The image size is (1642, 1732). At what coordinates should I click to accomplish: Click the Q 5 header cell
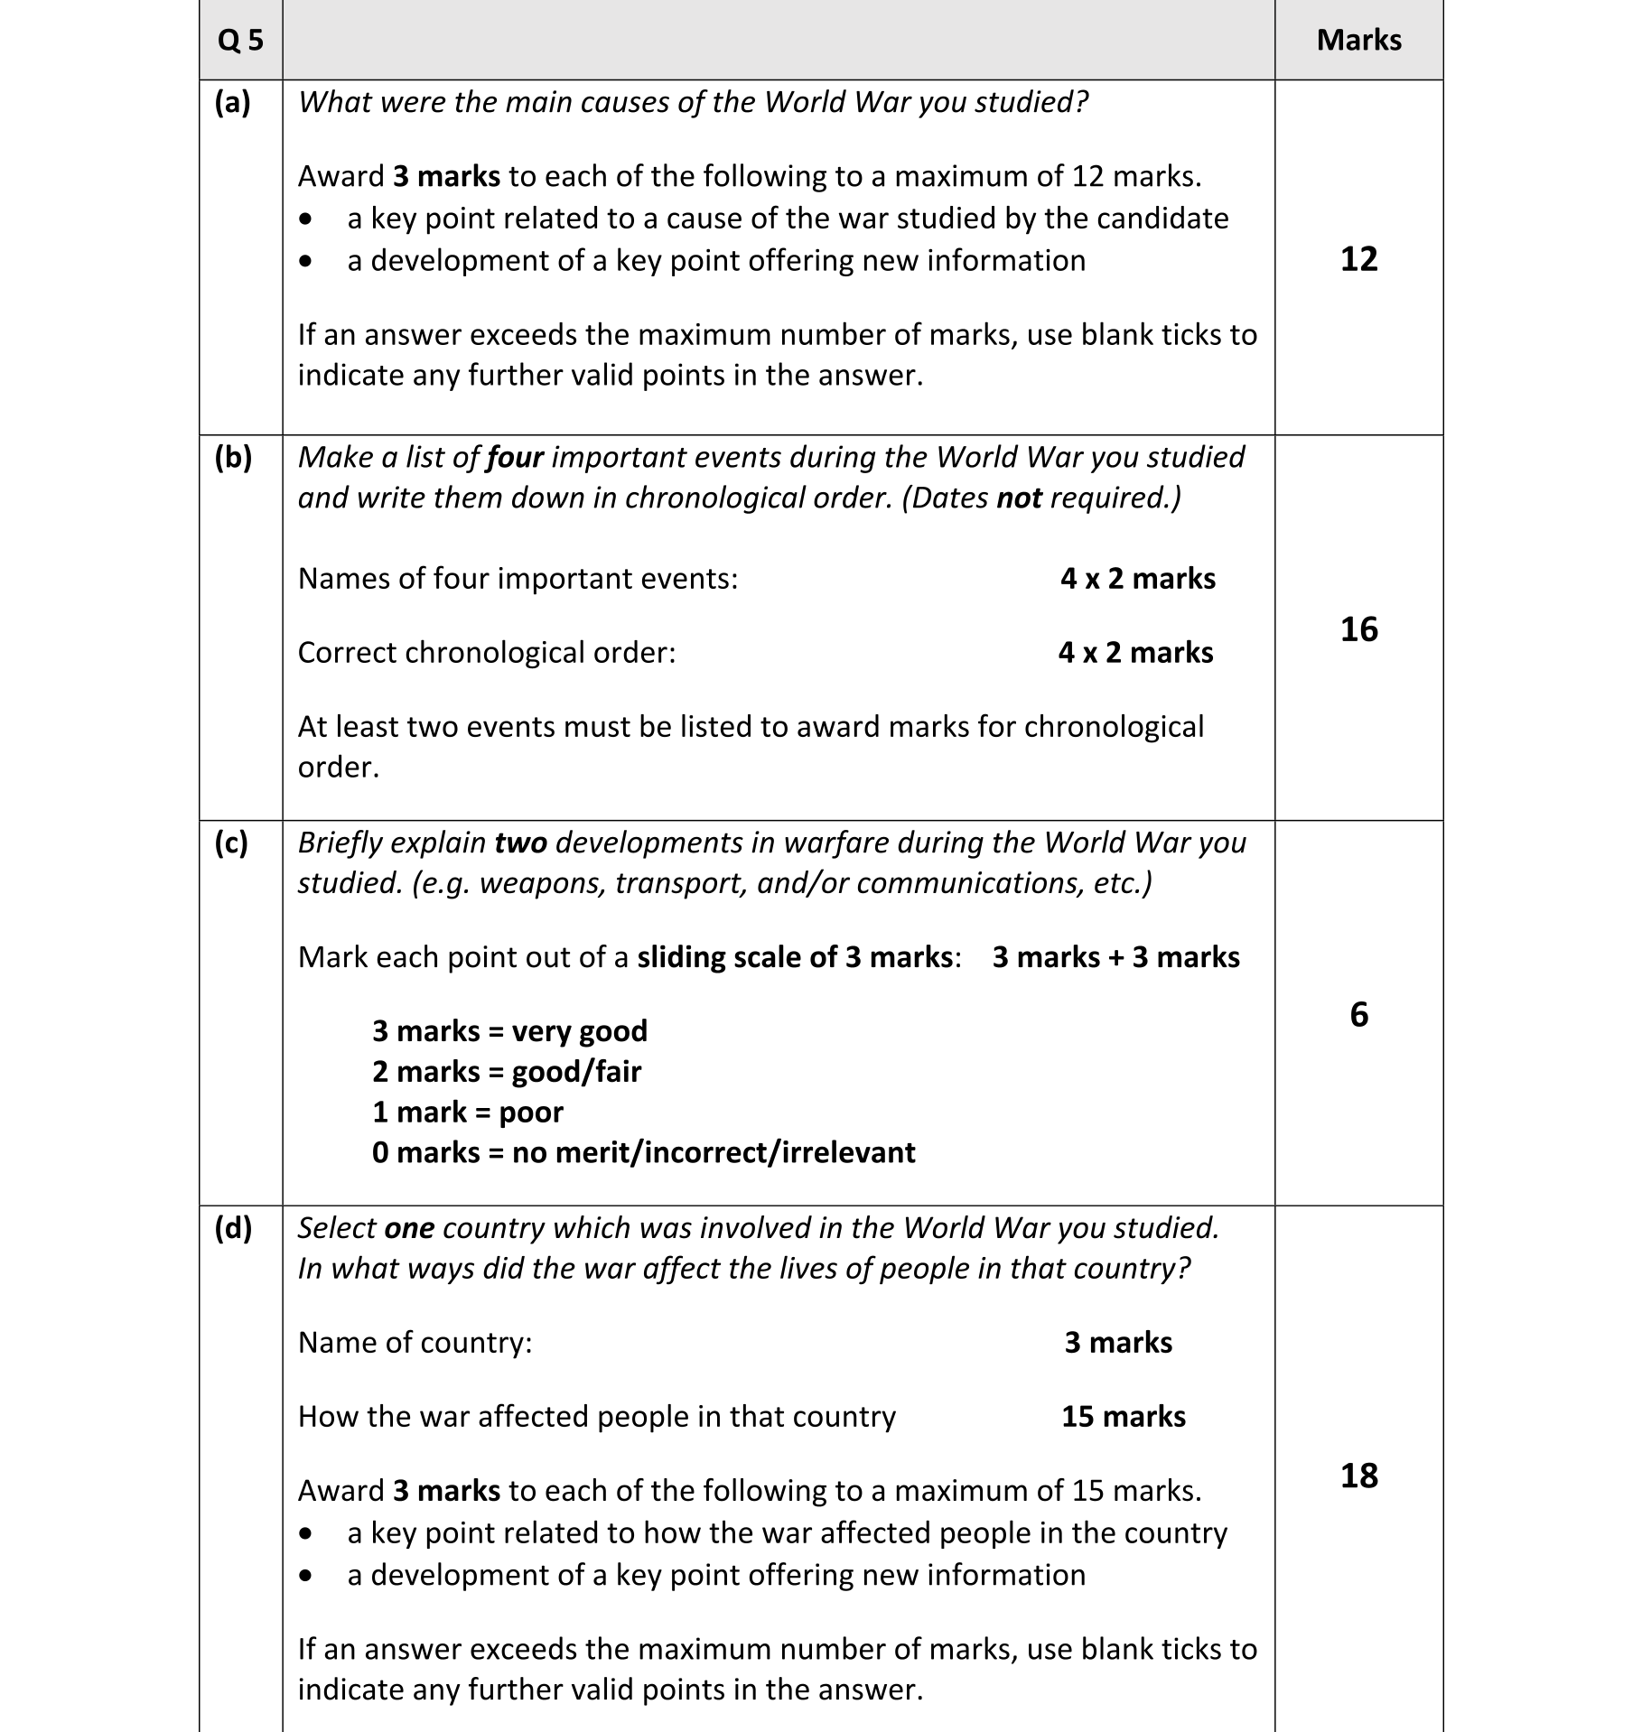coord(240,41)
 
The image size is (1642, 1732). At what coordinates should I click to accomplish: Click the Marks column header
coord(1358,41)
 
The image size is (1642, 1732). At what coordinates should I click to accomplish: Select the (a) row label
coord(232,103)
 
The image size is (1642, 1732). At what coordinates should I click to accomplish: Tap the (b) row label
coord(232,458)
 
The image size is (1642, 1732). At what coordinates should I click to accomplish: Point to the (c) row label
coord(232,843)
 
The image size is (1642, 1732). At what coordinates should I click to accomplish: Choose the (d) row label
coord(232,1228)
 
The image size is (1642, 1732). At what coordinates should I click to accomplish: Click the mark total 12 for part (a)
coord(1358,260)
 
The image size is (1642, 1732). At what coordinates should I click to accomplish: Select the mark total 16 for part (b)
coord(1358,629)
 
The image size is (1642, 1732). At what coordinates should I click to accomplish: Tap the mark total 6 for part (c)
coord(1358,1015)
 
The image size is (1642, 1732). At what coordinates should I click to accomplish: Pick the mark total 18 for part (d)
coord(1358,1476)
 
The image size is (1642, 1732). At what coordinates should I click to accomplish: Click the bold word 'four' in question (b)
coord(515,458)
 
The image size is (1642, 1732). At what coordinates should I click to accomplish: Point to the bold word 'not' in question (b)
coord(1019,498)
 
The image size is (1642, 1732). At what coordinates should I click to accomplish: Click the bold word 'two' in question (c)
coord(521,843)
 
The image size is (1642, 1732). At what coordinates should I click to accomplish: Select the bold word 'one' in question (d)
coord(409,1228)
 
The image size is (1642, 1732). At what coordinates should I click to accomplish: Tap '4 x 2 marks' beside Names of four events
coord(1138,579)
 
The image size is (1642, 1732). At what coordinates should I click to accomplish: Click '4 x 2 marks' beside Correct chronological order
coord(1136,653)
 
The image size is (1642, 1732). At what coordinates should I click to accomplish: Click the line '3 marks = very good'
coord(509,1031)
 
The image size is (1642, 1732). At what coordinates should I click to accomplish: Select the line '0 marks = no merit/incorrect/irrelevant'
coord(643,1153)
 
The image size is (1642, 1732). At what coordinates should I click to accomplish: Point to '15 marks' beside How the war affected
coord(1124,1417)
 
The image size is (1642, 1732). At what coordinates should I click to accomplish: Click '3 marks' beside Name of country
coord(1118,1343)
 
